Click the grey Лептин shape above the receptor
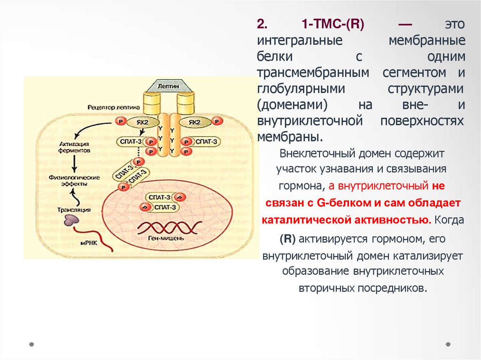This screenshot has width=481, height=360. pos(169,86)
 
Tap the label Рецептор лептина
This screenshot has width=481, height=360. pos(111,107)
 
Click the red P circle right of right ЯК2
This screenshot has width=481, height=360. pos(217,122)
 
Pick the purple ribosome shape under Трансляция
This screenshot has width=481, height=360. pos(72,220)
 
